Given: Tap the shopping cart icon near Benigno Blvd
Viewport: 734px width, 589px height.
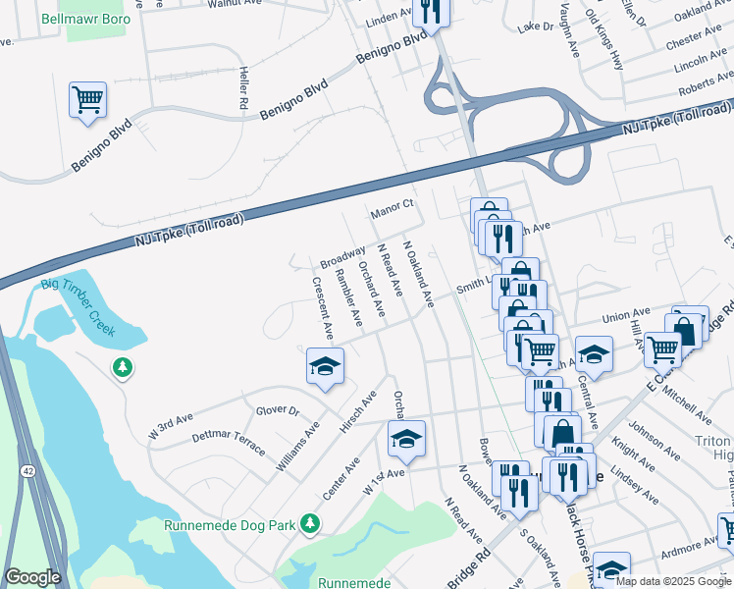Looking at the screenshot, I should point(87,100).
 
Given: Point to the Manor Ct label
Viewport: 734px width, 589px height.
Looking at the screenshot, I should point(393,210).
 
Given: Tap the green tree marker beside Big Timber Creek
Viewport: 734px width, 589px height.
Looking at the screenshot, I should point(123,368).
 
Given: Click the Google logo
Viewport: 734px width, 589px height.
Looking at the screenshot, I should point(33,577).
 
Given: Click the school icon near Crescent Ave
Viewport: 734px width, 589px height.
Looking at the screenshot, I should point(325,367).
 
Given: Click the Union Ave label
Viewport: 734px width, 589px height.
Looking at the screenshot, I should point(627,317).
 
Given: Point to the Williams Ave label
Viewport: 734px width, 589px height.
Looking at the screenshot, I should point(298,447).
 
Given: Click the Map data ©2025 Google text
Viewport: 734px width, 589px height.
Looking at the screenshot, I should point(673,581).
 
